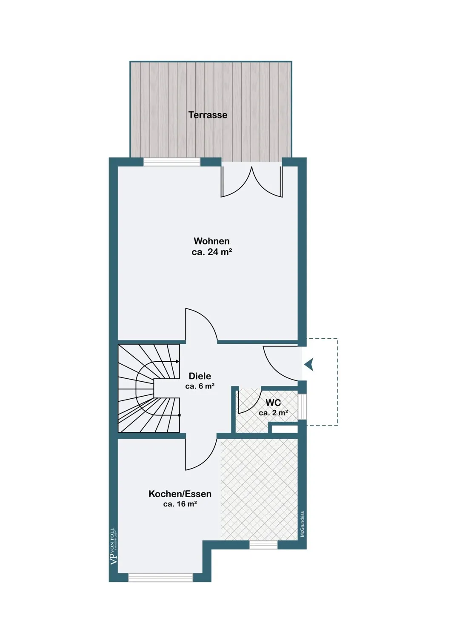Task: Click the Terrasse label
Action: pyautogui.click(x=208, y=115)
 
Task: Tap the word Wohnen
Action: pyautogui.click(x=211, y=241)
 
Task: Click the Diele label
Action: pyautogui.click(x=200, y=376)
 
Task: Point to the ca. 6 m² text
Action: pyautogui.click(x=200, y=386)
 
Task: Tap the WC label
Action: pyautogui.click(x=273, y=403)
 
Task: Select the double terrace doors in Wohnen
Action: pyautogui.click(x=251, y=181)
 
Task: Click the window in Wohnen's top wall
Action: pyautogui.click(x=172, y=162)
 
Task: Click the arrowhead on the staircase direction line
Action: pyautogui.click(x=178, y=362)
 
